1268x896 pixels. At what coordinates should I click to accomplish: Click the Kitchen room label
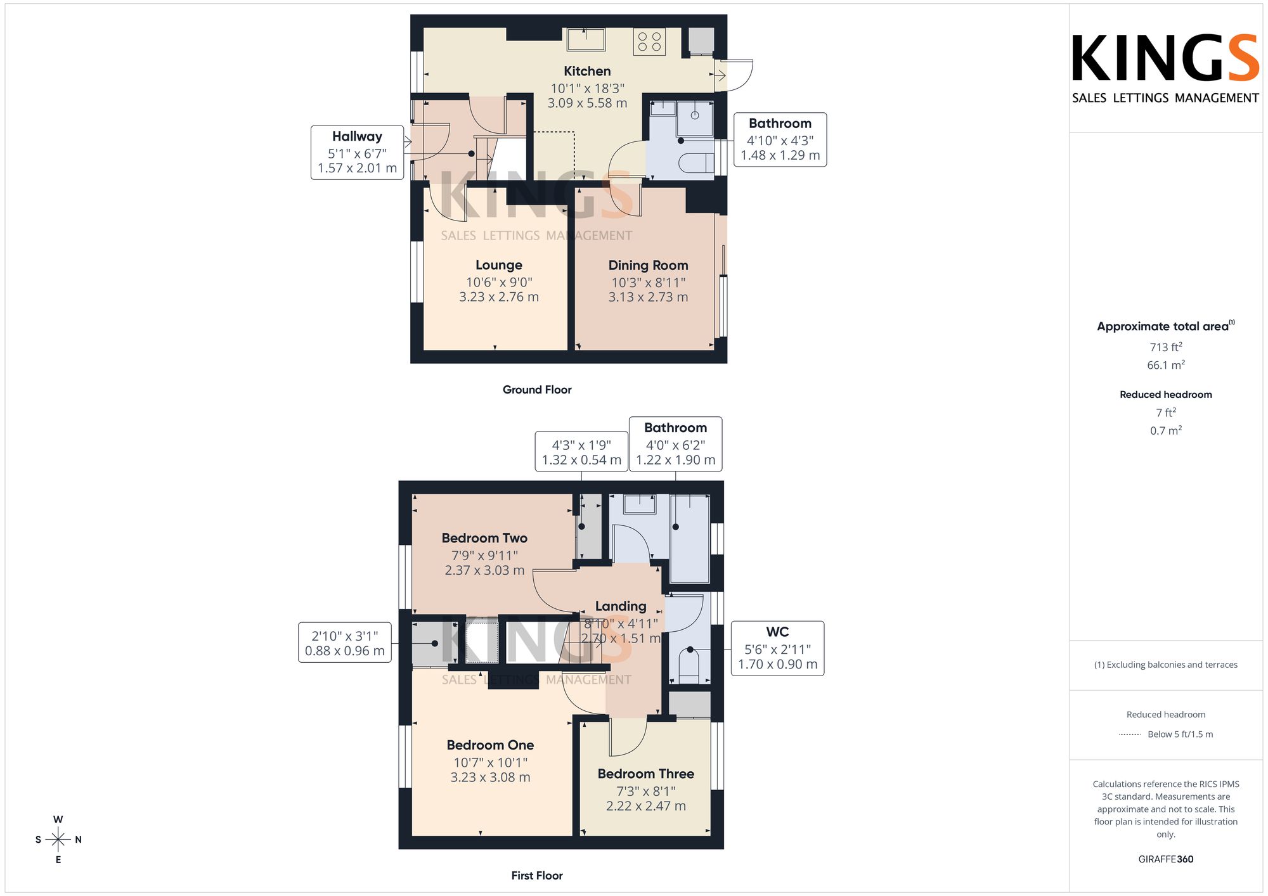[588, 71]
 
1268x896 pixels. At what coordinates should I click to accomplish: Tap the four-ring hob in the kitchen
[649, 42]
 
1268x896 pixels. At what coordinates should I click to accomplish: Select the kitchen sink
[586, 39]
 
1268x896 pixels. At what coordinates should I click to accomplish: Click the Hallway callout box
[357, 153]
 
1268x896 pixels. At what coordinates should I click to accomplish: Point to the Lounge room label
[499, 265]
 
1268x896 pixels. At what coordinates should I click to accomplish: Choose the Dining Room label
[648, 266]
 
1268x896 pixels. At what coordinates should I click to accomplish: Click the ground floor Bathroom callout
[780, 139]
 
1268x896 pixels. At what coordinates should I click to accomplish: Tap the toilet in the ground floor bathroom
[696, 163]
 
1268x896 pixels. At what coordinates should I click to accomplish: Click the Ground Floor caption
[537, 390]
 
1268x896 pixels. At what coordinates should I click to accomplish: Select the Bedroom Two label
[484, 538]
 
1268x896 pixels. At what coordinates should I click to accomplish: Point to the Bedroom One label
[490, 745]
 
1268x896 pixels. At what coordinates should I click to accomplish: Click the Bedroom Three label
[645, 774]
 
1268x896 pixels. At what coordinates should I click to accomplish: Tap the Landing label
[621, 606]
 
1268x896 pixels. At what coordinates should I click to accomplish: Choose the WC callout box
[777, 648]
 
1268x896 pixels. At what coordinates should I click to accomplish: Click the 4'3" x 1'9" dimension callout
[581, 452]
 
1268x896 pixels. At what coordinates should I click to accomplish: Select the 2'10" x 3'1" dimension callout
[344, 643]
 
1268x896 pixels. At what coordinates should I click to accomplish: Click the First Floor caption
[537, 876]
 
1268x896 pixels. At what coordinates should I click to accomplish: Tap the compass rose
[58, 840]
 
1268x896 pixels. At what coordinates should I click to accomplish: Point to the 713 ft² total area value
[1166, 347]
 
